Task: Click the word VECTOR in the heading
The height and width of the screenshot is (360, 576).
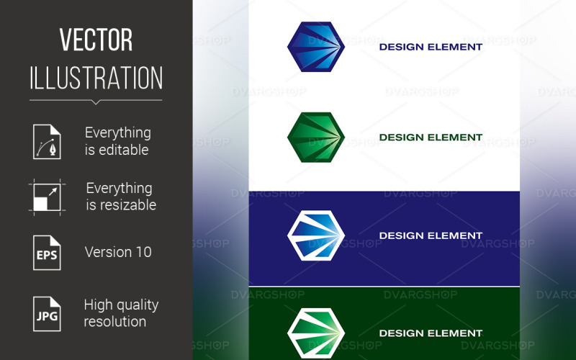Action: click(96, 41)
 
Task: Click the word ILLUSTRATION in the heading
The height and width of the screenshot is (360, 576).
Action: click(96, 78)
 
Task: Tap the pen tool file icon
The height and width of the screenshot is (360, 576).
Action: click(47, 141)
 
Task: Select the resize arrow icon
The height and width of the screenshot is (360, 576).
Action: click(47, 196)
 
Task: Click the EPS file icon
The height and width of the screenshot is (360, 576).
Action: click(47, 252)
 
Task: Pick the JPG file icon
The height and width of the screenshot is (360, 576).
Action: click(47, 313)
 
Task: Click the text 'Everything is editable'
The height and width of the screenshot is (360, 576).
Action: click(117, 141)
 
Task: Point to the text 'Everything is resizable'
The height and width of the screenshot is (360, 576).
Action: click(120, 197)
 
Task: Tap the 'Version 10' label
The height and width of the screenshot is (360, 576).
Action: click(118, 252)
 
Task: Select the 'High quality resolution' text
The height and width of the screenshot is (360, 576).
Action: click(121, 313)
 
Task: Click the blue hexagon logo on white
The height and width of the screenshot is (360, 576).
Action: click(315, 48)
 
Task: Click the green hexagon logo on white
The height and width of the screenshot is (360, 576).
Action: click(315, 138)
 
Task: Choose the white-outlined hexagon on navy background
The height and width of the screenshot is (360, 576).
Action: click(315, 235)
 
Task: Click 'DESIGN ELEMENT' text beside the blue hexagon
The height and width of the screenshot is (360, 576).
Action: click(431, 48)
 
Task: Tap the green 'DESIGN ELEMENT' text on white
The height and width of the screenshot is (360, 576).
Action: click(431, 138)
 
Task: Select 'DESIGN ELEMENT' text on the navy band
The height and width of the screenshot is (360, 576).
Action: click(431, 235)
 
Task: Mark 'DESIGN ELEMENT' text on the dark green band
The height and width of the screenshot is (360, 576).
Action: click(431, 333)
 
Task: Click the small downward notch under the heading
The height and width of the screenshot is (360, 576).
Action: click(96, 102)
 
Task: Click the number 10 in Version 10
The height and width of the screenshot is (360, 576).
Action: click(143, 252)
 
